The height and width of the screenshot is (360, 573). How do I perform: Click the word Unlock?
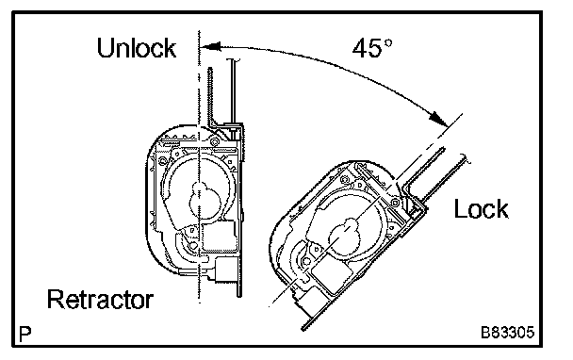(x=137, y=48)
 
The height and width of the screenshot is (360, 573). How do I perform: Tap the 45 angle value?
(x=368, y=48)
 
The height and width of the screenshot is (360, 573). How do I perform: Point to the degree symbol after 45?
(x=388, y=42)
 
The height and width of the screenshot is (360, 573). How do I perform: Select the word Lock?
(x=481, y=209)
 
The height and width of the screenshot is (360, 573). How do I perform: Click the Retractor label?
(x=100, y=300)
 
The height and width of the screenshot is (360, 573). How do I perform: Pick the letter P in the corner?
(x=25, y=334)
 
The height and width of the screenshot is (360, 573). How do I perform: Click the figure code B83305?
(x=507, y=333)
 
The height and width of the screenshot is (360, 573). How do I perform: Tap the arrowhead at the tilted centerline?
(x=438, y=118)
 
